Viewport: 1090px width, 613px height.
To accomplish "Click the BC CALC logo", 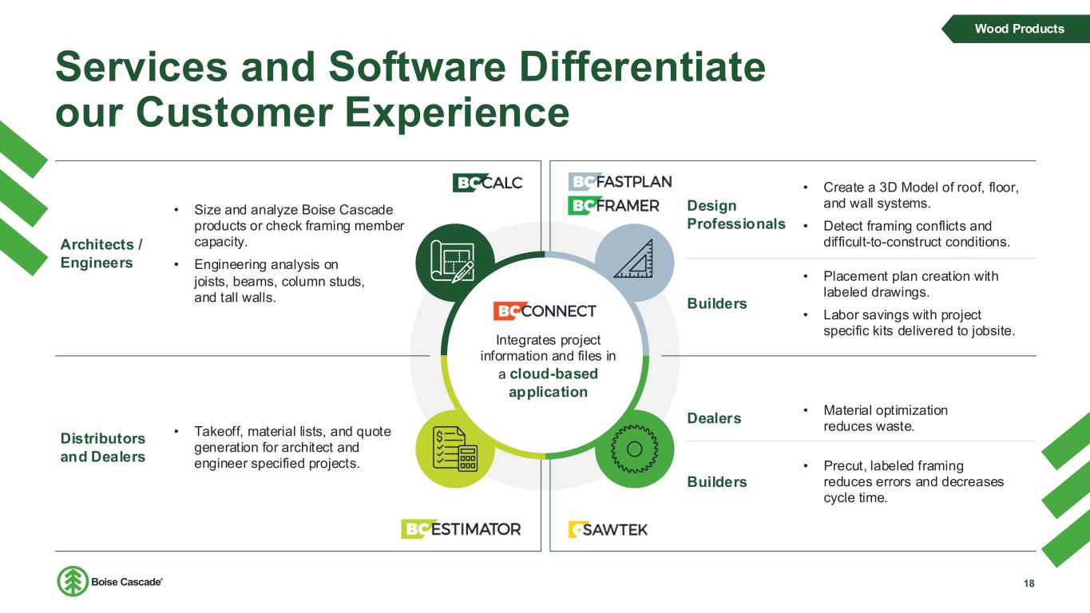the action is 487,183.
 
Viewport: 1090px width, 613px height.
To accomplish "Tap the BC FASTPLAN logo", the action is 620,181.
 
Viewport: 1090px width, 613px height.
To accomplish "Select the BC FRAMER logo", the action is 613,206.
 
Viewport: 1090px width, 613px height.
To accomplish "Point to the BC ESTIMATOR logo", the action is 461,529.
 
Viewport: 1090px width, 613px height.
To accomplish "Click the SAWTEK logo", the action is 608,529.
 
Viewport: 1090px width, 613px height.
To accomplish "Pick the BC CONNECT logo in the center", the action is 545,310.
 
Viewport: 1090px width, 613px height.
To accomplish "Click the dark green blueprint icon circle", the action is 455,263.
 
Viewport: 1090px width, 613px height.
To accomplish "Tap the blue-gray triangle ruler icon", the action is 635,263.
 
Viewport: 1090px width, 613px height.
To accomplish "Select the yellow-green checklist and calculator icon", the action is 455,449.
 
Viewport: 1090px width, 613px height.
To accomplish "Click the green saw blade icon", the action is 635,449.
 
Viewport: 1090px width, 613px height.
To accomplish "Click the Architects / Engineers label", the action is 101,254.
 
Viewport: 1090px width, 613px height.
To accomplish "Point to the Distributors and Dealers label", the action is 103,448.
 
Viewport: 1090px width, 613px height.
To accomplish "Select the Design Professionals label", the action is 736,215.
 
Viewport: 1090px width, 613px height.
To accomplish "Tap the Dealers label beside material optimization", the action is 714,418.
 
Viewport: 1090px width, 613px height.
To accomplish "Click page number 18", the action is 1029,583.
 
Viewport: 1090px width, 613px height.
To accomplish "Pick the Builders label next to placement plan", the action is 717,303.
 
